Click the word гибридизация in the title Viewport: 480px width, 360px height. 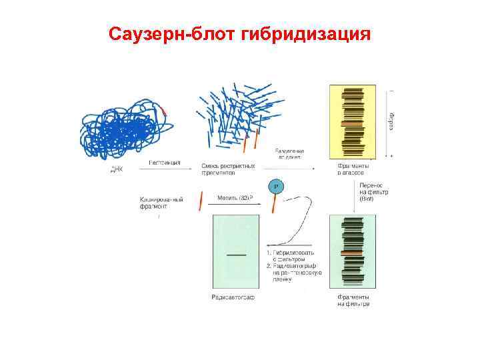click(x=307, y=33)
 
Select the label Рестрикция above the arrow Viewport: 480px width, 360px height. click(x=165, y=163)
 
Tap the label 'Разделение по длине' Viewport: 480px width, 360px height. click(x=288, y=154)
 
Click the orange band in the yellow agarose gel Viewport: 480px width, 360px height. click(x=351, y=125)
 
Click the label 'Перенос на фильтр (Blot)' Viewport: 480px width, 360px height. click(x=375, y=192)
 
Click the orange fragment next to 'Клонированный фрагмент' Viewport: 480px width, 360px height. click(x=200, y=201)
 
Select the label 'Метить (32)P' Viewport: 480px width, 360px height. click(x=235, y=198)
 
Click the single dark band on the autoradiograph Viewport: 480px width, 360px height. click(x=235, y=255)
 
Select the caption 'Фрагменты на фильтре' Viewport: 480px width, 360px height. click(x=353, y=300)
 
